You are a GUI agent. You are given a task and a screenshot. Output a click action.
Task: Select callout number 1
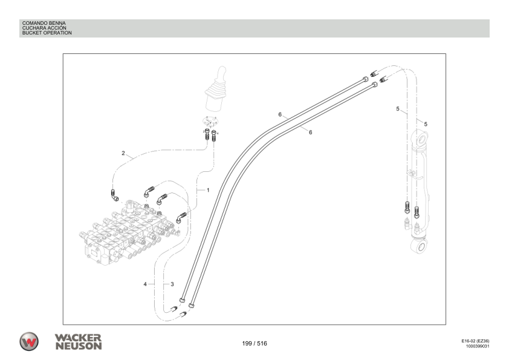(207, 190)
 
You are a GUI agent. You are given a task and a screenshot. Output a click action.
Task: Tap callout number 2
(123, 153)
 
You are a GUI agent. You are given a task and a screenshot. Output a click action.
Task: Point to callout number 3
(172, 284)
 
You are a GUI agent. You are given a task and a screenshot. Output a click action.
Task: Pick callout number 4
(145, 284)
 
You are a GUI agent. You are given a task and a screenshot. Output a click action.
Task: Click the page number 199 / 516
(254, 343)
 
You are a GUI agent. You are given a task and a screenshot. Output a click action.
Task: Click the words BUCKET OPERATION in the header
(47, 33)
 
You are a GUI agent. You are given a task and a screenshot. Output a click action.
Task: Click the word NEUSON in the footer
(77, 345)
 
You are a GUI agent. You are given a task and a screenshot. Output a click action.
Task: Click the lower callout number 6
(310, 132)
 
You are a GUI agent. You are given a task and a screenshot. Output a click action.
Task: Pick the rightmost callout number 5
(426, 123)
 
